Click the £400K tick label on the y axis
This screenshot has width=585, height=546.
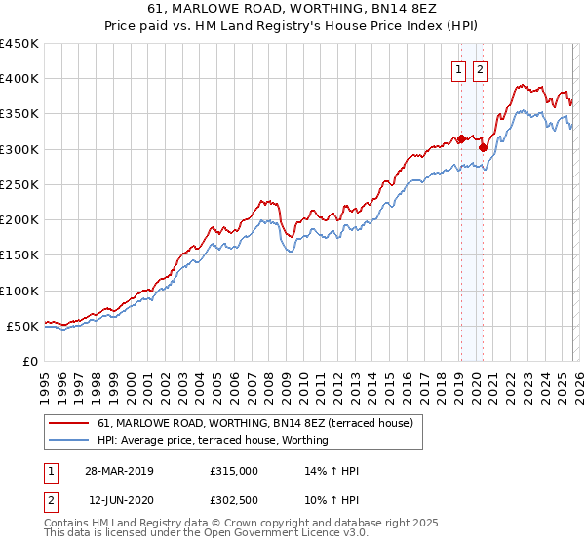(19, 79)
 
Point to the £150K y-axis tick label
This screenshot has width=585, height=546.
(19, 255)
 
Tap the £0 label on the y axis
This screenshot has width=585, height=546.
(30, 362)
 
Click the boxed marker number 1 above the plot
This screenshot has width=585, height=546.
(458, 69)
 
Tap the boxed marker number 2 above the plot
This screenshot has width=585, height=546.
(482, 69)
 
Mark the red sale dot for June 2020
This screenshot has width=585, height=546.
(483, 148)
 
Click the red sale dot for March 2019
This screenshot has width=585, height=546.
(461, 139)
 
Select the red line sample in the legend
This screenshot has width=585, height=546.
(68, 423)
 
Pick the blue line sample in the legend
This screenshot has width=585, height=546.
(68, 440)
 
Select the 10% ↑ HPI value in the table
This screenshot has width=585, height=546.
(332, 499)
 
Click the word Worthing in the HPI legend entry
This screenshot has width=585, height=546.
(303, 440)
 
